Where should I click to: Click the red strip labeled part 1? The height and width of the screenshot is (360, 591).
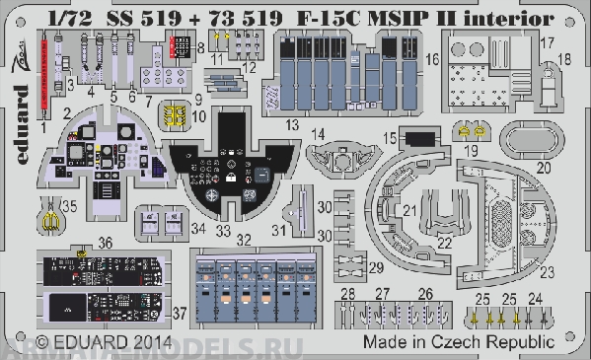44,79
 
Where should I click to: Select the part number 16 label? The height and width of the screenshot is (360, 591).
432,60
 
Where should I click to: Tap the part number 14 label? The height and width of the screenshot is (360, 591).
318,132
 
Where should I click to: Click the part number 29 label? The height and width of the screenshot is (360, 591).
378,267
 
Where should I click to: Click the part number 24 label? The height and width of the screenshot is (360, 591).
536,297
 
